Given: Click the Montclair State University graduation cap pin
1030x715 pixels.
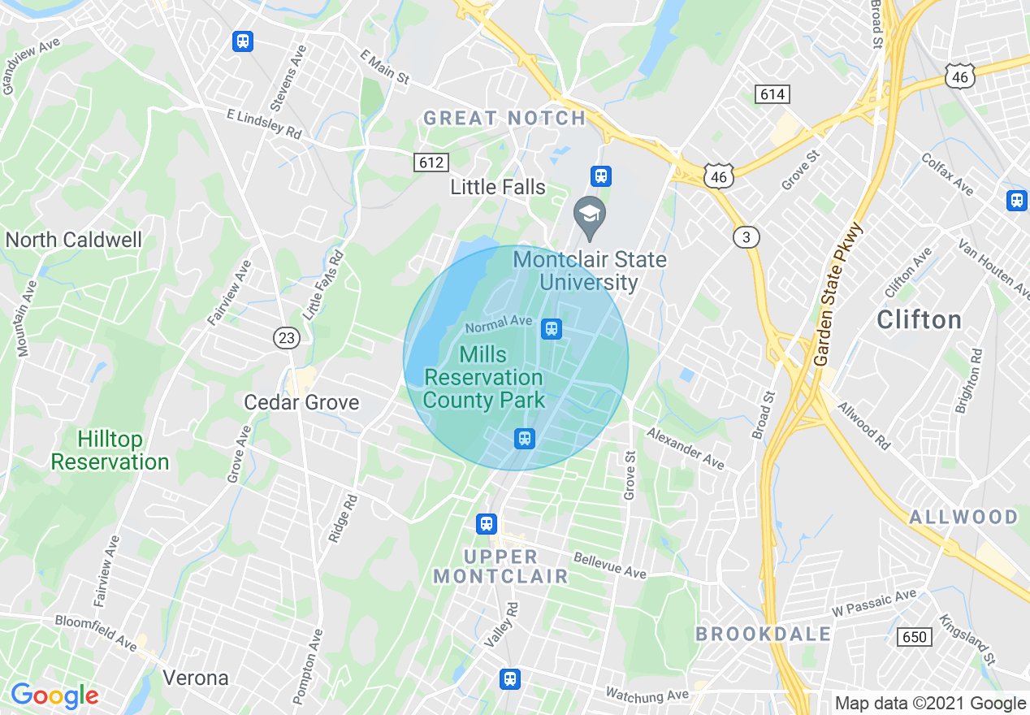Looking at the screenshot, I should tap(589, 215).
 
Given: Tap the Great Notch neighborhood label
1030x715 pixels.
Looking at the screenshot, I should tap(504, 119).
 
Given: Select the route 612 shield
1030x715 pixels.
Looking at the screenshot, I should tap(431, 162).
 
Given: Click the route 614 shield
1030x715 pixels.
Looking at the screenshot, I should tap(772, 95).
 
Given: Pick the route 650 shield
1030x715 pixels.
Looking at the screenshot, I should tap(915, 637).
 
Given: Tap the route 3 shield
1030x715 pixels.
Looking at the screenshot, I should tap(746, 237).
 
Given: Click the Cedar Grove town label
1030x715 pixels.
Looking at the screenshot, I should tap(301, 403).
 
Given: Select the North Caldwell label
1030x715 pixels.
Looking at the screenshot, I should tap(73, 240).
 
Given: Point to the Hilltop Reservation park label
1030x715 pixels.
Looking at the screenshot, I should tap(110, 451).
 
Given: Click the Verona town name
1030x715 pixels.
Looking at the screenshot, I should tap(195, 678).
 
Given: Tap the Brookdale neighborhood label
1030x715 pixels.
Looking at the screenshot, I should tap(764, 635).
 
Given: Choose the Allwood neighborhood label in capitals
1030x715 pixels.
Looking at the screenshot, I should tap(963, 518).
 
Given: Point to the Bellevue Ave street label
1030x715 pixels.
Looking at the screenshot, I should tap(609, 566).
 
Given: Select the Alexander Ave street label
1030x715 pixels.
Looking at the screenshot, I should tap(685, 448).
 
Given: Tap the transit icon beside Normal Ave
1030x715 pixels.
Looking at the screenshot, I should tap(552, 328).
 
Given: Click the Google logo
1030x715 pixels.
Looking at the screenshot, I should tap(54, 695).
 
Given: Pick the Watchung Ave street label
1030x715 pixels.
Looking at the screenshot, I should tap(647, 695).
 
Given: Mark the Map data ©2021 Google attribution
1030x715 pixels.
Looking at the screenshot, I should tap(930, 704).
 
